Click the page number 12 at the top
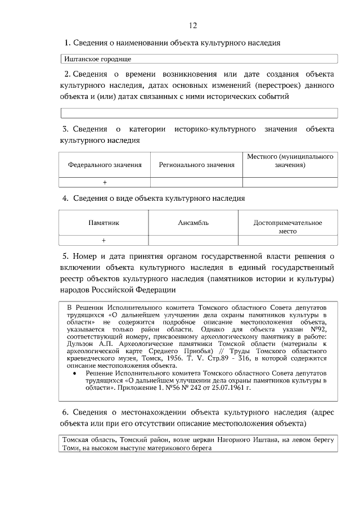pyautogui.click(x=192, y=26)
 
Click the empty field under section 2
pyautogui.click(x=199, y=113)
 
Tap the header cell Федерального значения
pyautogui.click(x=105, y=165)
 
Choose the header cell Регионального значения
pyautogui.click(x=196, y=165)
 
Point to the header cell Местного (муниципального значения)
pyautogui.click(x=290, y=161)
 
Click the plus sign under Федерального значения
pyautogui.click(x=105, y=182)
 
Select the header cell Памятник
pyautogui.click(x=103, y=223)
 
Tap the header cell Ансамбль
pyautogui.click(x=193, y=223)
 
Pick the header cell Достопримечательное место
pyautogui.click(x=287, y=227)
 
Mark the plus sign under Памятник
pyautogui.click(x=103, y=241)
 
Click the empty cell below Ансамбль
pyautogui.click(x=193, y=241)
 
